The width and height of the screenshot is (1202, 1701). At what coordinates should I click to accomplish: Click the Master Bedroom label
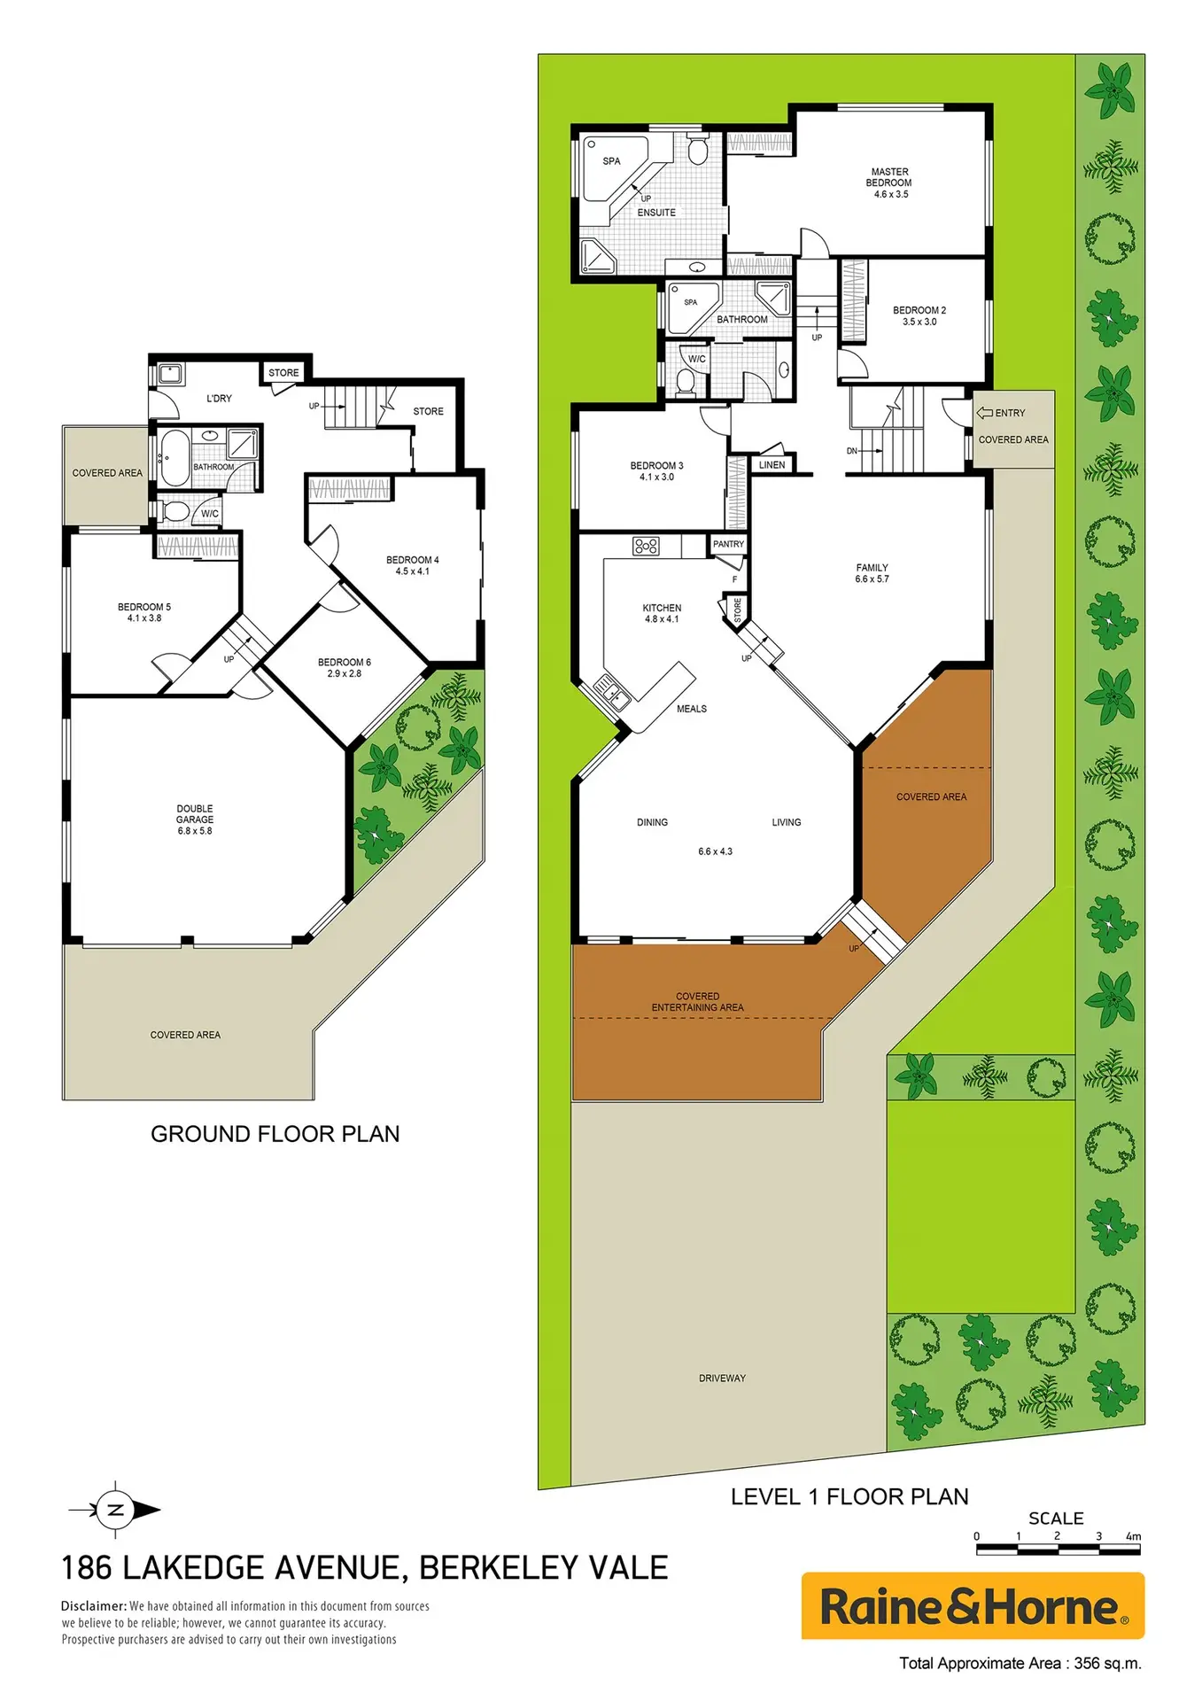[889, 177]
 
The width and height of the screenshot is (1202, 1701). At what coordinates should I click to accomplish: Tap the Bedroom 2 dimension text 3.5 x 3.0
[919, 322]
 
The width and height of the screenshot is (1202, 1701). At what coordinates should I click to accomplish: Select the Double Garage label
[195, 814]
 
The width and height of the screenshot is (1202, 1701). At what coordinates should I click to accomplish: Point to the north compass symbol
[115, 1511]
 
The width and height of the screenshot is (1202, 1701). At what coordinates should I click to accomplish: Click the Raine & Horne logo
[973, 1606]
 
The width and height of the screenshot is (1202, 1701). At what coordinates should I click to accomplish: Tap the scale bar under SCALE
[1058, 1550]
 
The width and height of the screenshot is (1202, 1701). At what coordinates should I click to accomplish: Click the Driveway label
[722, 1379]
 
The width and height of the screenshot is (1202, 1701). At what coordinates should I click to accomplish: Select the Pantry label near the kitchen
[729, 544]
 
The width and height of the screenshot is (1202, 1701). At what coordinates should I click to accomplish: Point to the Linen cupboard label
[772, 464]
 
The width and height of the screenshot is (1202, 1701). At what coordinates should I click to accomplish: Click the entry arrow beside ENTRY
[984, 413]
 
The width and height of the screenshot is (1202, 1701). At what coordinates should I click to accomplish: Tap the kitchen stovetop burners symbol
[646, 546]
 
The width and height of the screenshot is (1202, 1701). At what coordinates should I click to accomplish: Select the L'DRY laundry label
[219, 399]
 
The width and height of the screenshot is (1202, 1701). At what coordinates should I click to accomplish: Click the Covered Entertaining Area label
[697, 1002]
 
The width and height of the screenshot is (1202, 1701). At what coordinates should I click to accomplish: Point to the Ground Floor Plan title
[275, 1134]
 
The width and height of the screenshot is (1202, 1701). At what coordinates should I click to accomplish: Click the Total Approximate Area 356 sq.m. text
[1020, 1664]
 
